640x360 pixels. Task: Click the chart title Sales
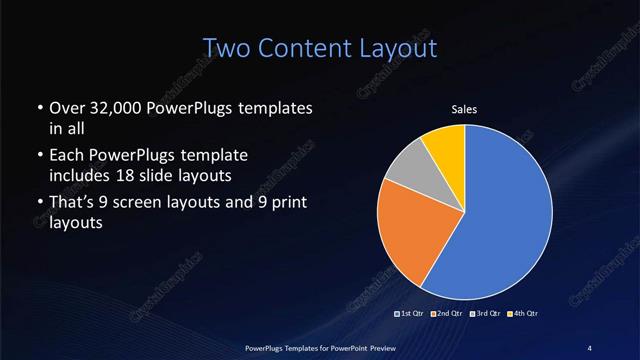tap(465, 108)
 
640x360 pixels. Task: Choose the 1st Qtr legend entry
tap(412, 314)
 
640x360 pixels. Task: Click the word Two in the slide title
tap(225, 47)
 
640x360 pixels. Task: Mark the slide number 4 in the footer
tap(589, 347)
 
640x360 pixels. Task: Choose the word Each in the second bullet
tap(67, 156)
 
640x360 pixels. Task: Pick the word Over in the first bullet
tap(67, 107)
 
